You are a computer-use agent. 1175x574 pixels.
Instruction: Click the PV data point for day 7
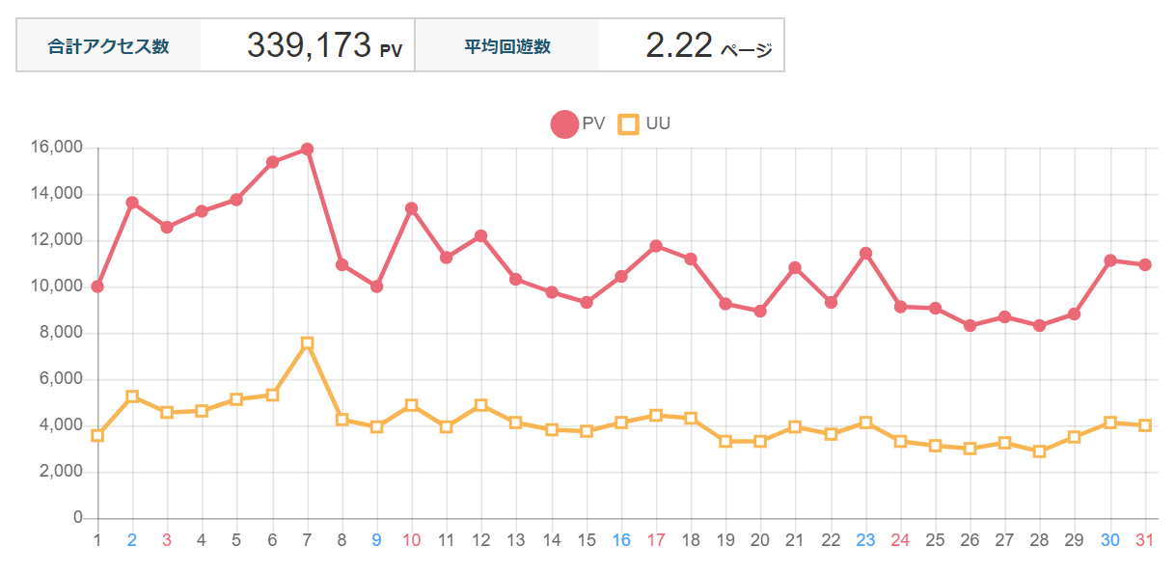point(307,149)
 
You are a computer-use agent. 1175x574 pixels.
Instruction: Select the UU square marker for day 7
point(307,343)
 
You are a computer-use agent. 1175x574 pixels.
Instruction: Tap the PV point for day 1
point(97,287)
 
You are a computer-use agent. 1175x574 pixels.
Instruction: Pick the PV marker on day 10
point(412,208)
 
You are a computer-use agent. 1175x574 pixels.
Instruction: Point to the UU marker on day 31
point(1145,425)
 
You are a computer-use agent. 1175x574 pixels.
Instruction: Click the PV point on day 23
point(865,253)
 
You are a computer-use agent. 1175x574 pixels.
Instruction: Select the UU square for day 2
point(132,396)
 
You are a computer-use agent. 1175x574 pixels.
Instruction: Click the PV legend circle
point(563,124)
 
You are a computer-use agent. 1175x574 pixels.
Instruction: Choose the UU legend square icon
point(629,124)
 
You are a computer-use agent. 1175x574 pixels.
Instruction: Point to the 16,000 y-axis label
point(56,148)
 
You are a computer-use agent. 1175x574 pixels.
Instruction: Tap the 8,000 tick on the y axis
point(60,333)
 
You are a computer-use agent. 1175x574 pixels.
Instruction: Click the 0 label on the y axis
point(78,518)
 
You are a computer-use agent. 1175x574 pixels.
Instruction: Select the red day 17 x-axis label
point(656,540)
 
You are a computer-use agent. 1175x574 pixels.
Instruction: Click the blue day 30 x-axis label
point(1110,540)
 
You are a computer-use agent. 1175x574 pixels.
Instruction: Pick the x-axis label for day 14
point(552,540)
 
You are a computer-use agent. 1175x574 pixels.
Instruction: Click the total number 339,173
point(309,45)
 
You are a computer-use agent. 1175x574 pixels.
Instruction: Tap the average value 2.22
point(679,45)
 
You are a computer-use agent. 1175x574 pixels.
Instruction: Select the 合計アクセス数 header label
point(109,46)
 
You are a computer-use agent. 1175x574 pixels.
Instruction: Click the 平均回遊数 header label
point(507,46)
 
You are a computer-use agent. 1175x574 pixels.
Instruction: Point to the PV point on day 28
point(1040,326)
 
